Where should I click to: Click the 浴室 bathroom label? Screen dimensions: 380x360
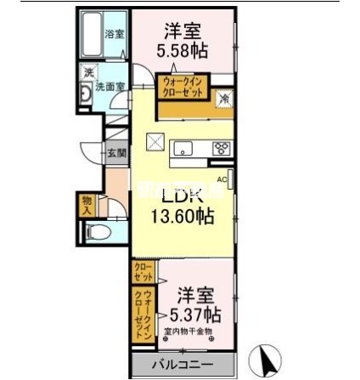pos(114,34)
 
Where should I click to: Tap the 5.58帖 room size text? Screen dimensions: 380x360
pos(179,51)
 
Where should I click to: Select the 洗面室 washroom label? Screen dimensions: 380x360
pos(114,86)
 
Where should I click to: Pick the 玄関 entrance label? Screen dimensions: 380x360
pos(115,153)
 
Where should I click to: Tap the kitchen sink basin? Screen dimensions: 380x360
pos(184,146)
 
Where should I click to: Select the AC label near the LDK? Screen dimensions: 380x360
pos(222,179)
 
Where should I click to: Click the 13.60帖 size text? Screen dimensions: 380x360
pos(182,216)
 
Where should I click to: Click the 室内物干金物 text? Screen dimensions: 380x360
pos(194,332)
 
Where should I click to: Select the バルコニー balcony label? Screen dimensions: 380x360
pos(182,366)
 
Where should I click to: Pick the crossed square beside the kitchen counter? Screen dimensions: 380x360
pos(155,142)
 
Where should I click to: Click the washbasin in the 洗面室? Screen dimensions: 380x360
pos(86,93)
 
